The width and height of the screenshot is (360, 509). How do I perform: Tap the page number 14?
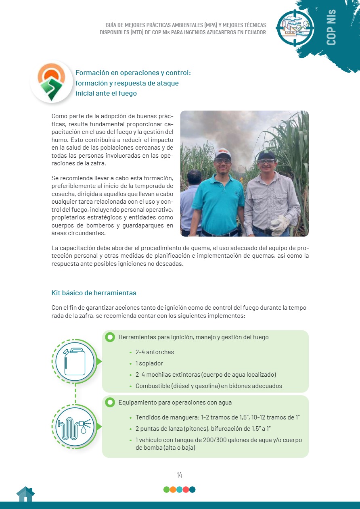[x=180, y=475]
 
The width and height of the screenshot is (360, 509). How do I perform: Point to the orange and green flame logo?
[x=51, y=81]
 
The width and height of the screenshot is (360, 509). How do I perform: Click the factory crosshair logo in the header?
[x=295, y=27]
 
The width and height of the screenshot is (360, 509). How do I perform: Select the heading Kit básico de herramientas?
[x=94, y=293]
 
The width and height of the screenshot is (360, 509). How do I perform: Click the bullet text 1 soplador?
[x=149, y=363]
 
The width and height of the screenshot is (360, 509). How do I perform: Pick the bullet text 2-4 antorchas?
[x=155, y=352]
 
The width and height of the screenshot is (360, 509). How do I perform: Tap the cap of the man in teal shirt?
[x=222, y=153]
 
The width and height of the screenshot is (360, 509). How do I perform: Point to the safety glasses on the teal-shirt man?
[x=223, y=161]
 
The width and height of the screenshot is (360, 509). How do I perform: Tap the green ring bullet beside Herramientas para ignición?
[x=110, y=337]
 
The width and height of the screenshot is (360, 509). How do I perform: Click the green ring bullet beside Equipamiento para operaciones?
[x=110, y=403]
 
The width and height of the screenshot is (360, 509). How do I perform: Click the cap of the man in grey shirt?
[x=266, y=154]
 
